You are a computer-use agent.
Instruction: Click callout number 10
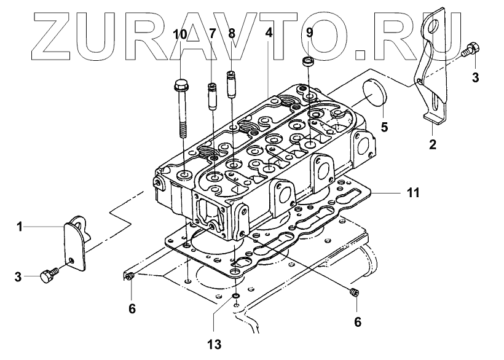(181, 33)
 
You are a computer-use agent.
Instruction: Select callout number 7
(212, 33)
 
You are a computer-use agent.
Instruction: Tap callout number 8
(232, 33)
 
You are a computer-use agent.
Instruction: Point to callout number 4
(269, 33)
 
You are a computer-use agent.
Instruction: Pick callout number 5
(384, 128)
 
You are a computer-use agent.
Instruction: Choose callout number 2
(433, 145)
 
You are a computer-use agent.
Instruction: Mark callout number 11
(413, 193)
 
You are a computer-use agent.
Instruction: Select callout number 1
(20, 227)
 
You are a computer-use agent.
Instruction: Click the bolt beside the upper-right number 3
(472, 49)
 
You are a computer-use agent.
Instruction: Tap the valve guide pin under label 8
(232, 85)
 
